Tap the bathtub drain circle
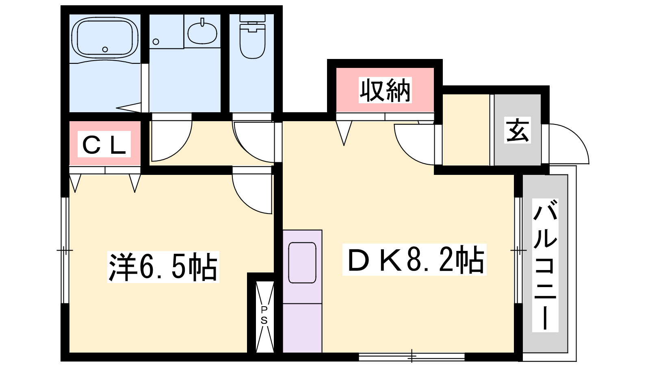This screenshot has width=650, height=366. pos(105,49)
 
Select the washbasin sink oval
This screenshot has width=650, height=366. pos(202,32)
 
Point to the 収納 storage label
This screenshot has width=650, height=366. pos(385,90)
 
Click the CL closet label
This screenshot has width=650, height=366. pos(104,144)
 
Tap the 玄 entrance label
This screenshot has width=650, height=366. pos(518,130)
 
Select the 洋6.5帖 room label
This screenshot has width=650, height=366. pos(163,267)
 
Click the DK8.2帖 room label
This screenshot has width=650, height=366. pos(414,260)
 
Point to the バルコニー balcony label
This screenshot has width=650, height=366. pos(545,265)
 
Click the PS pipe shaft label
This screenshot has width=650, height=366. pos(264,315)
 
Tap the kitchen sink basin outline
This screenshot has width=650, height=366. pos(302,263)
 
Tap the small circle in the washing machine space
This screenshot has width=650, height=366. pos(156,42)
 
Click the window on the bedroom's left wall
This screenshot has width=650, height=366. pos(65,251)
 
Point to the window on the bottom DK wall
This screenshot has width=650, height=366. pos(412,357)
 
